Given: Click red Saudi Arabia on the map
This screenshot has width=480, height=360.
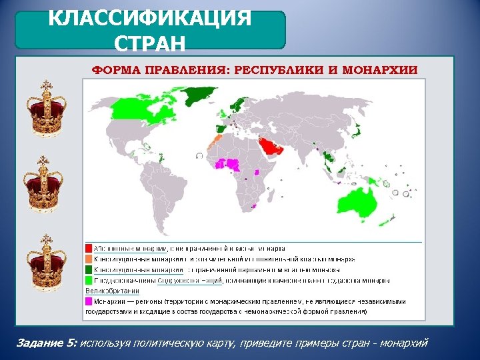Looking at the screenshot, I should coord(269,146).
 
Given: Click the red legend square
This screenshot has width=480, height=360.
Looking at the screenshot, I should coord(88,248).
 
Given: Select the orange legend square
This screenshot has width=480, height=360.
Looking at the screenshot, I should coord(88,259).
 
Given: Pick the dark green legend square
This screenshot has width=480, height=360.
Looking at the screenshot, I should coord(88,269).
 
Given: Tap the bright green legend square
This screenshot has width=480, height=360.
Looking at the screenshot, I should coord(88,280).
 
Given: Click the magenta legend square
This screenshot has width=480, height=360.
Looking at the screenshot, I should coord(88,301).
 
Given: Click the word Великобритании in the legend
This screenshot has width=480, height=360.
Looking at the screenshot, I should coord(112,291).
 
